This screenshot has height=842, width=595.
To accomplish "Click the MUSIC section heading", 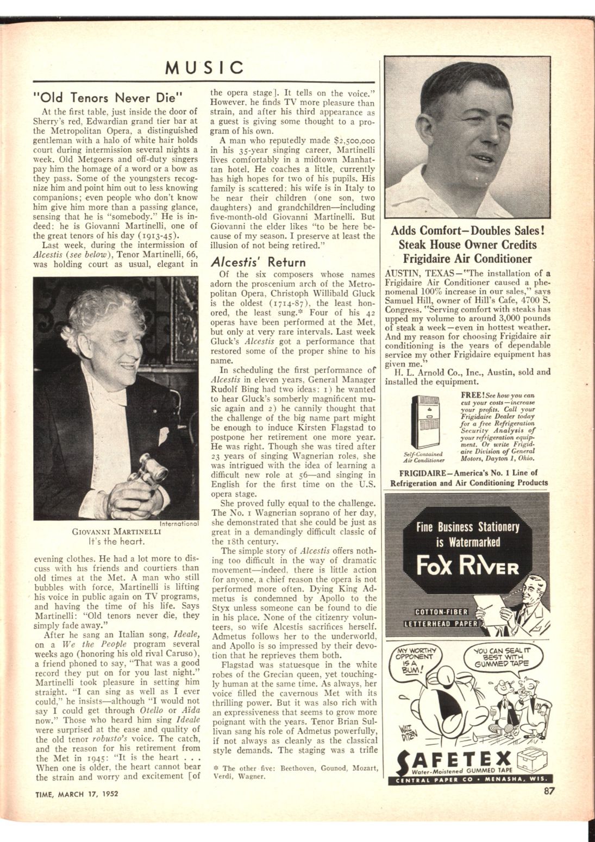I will tap(204, 67).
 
